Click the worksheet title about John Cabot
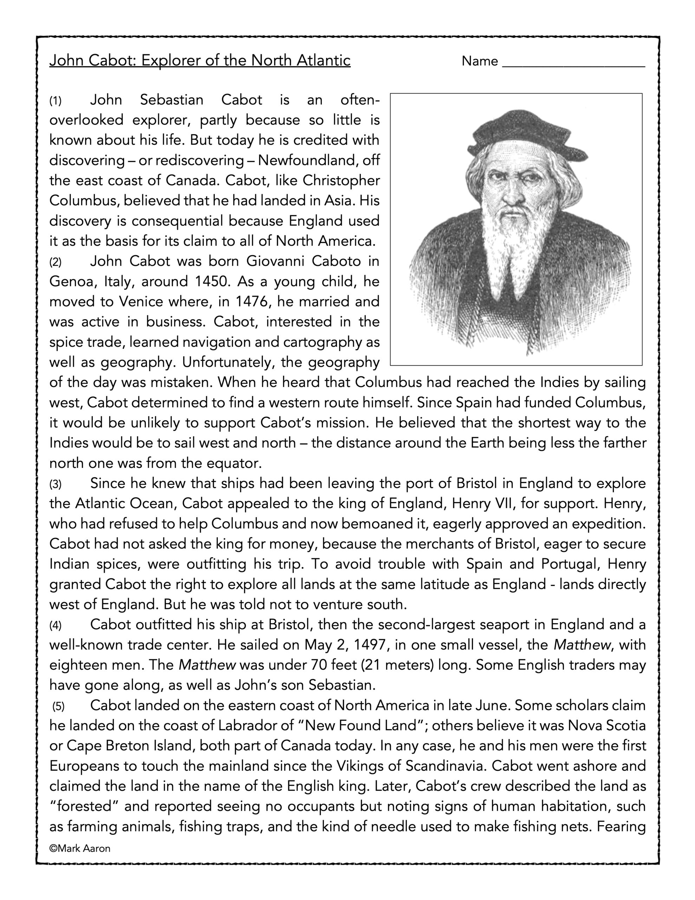(200, 60)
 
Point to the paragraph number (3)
(55, 484)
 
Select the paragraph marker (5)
(58, 707)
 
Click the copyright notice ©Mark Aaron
(80, 848)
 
